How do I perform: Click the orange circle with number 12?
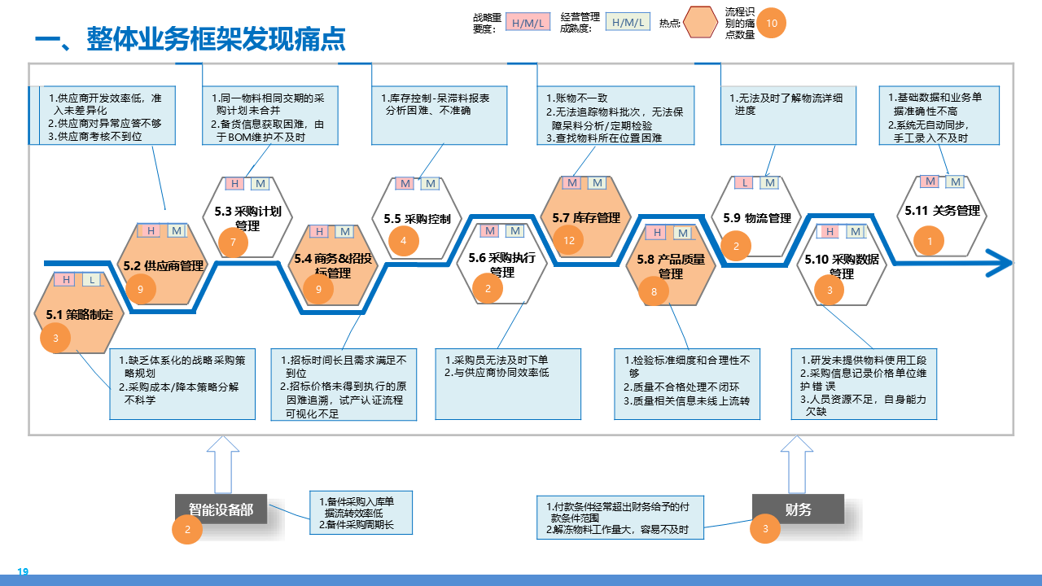[569, 240]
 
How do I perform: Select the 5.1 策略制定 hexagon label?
[79, 314]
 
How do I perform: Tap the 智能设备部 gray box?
[221, 510]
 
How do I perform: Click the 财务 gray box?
[798, 510]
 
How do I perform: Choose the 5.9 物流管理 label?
[757, 218]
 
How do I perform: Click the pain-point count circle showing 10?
[772, 24]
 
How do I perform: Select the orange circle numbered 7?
[234, 243]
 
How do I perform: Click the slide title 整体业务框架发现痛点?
[190, 38]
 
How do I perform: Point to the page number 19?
[23, 572]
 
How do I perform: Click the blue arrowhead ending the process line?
[1001, 262]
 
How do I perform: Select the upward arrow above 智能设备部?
[222, 464]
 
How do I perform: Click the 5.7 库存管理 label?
[586, 217]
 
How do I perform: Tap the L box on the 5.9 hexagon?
[744, 183]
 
